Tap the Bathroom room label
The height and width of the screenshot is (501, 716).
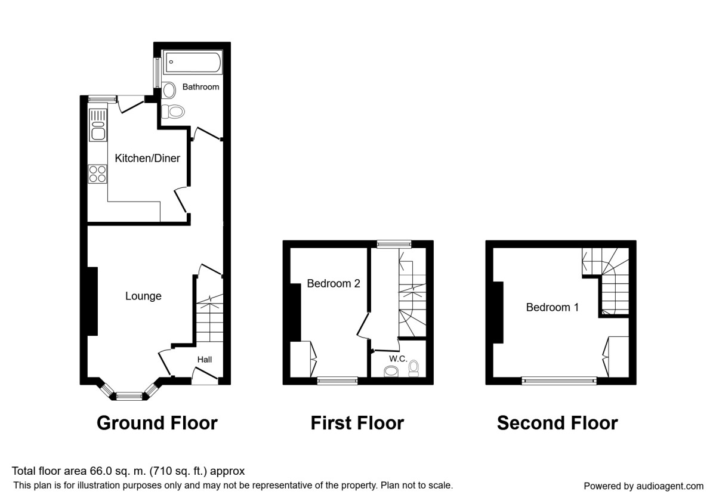(200, 87)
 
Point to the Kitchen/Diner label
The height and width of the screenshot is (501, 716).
(147, 159)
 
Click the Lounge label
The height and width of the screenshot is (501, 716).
(143, 296)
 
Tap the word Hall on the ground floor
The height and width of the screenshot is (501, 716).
(205, 360)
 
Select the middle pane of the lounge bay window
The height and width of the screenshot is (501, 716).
(129, 395)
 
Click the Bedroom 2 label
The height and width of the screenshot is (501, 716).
(333, 284)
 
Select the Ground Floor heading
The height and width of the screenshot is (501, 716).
(157, 423)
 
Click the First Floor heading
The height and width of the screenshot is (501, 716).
(357, 423)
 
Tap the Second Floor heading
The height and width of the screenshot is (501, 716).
(557, 423)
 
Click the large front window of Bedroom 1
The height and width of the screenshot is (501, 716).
(559, 380)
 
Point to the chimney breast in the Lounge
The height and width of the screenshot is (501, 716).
(92, 301)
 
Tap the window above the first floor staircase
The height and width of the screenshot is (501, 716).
(394, 243)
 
